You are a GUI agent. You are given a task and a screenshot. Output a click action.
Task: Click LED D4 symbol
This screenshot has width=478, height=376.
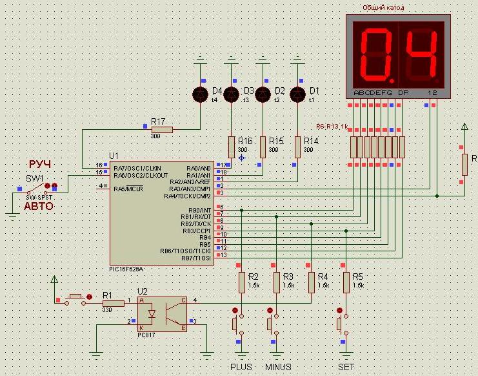(201, 94)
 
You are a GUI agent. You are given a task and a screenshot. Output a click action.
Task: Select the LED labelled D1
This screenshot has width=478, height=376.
(297, 94)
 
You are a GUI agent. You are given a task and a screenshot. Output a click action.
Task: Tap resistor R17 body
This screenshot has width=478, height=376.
(161, 130)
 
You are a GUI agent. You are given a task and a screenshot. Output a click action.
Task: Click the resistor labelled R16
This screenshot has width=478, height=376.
(232, 147)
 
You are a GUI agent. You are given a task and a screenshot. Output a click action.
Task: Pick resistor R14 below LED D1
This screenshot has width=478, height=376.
(297, 147)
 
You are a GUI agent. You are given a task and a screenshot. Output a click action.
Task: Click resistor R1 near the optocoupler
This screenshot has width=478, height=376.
(113, 303)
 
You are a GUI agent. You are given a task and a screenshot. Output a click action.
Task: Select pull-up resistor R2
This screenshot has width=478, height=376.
(242, 282)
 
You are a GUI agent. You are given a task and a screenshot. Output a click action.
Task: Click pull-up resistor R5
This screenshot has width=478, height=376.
(346, 282)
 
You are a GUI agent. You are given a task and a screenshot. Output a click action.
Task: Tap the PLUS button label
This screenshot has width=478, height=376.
(241, 367)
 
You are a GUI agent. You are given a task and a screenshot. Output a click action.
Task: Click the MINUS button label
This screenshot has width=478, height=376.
(278, 367)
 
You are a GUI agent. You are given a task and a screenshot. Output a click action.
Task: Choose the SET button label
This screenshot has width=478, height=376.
(346, 367)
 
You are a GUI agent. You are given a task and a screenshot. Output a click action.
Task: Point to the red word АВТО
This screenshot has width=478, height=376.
(39, 206)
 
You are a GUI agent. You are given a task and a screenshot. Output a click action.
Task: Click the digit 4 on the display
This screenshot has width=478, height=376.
(423, 53)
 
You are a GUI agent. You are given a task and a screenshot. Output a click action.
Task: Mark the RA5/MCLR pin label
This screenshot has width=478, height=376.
(128, 189)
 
